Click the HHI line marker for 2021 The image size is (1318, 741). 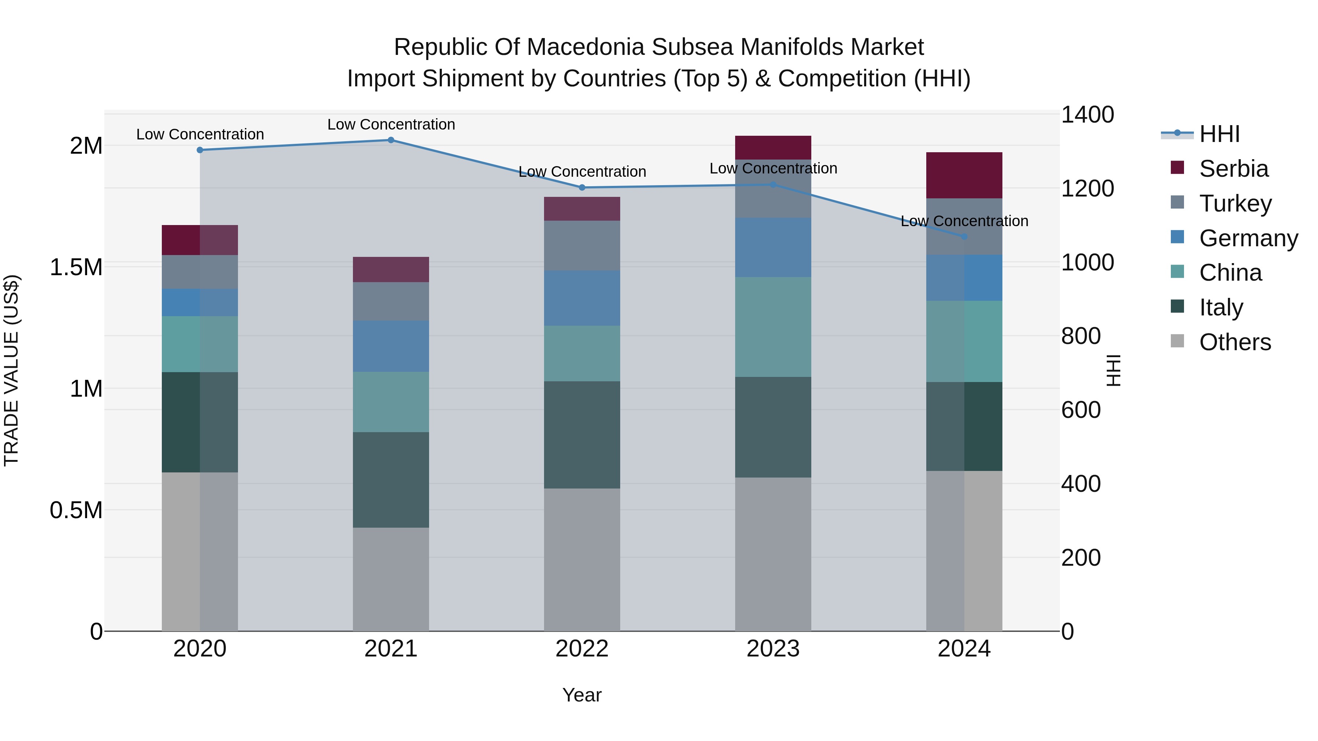391,140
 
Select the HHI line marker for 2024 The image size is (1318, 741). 964,236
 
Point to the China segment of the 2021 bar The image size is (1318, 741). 391,401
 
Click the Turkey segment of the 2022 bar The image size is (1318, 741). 582,246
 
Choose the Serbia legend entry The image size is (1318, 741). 1233,169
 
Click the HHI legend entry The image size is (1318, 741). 1219,134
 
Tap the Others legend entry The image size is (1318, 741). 1234,342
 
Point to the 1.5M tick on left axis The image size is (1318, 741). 76,267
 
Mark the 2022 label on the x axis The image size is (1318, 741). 582,648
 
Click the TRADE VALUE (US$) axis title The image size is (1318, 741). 11,370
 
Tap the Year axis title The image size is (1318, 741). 582,695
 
